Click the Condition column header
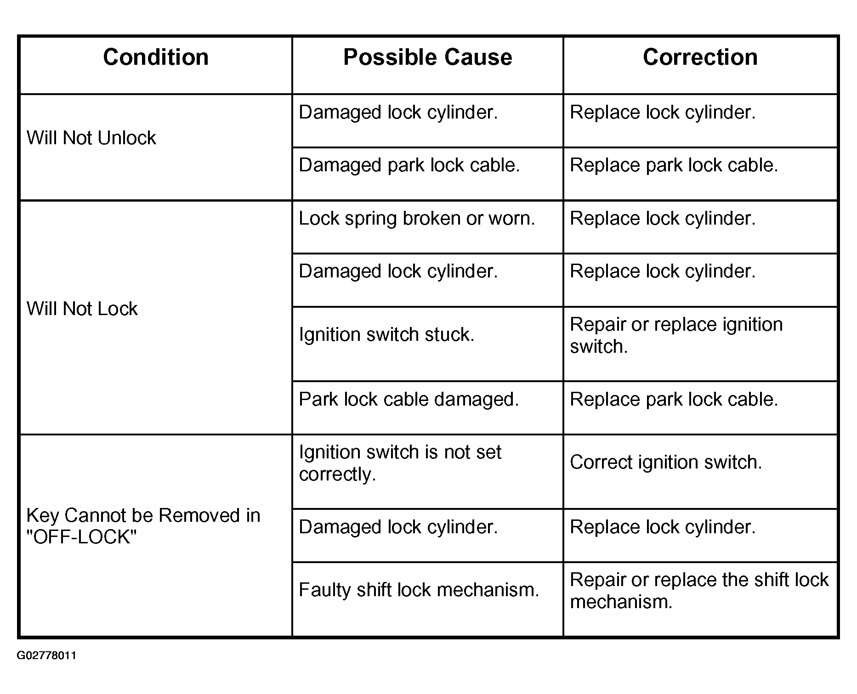point(156,57)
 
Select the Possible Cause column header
point(427,57)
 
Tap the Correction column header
point(700,57)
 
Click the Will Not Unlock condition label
point(91,138)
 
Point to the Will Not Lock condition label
point(82,309)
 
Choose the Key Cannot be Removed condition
point(143,526)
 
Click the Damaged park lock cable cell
point(409,165)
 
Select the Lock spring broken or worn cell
point(417,219)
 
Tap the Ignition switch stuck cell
point(386,334)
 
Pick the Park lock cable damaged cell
point(409,399)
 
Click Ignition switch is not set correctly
point(400,463)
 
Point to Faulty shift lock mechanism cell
point(419,590)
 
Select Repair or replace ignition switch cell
point(676,335)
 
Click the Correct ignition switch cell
point(666,462)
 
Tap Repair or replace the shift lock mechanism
point(699,591)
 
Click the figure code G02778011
point(46,655)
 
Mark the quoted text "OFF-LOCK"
point(82,537)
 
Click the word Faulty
point(324,590)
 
